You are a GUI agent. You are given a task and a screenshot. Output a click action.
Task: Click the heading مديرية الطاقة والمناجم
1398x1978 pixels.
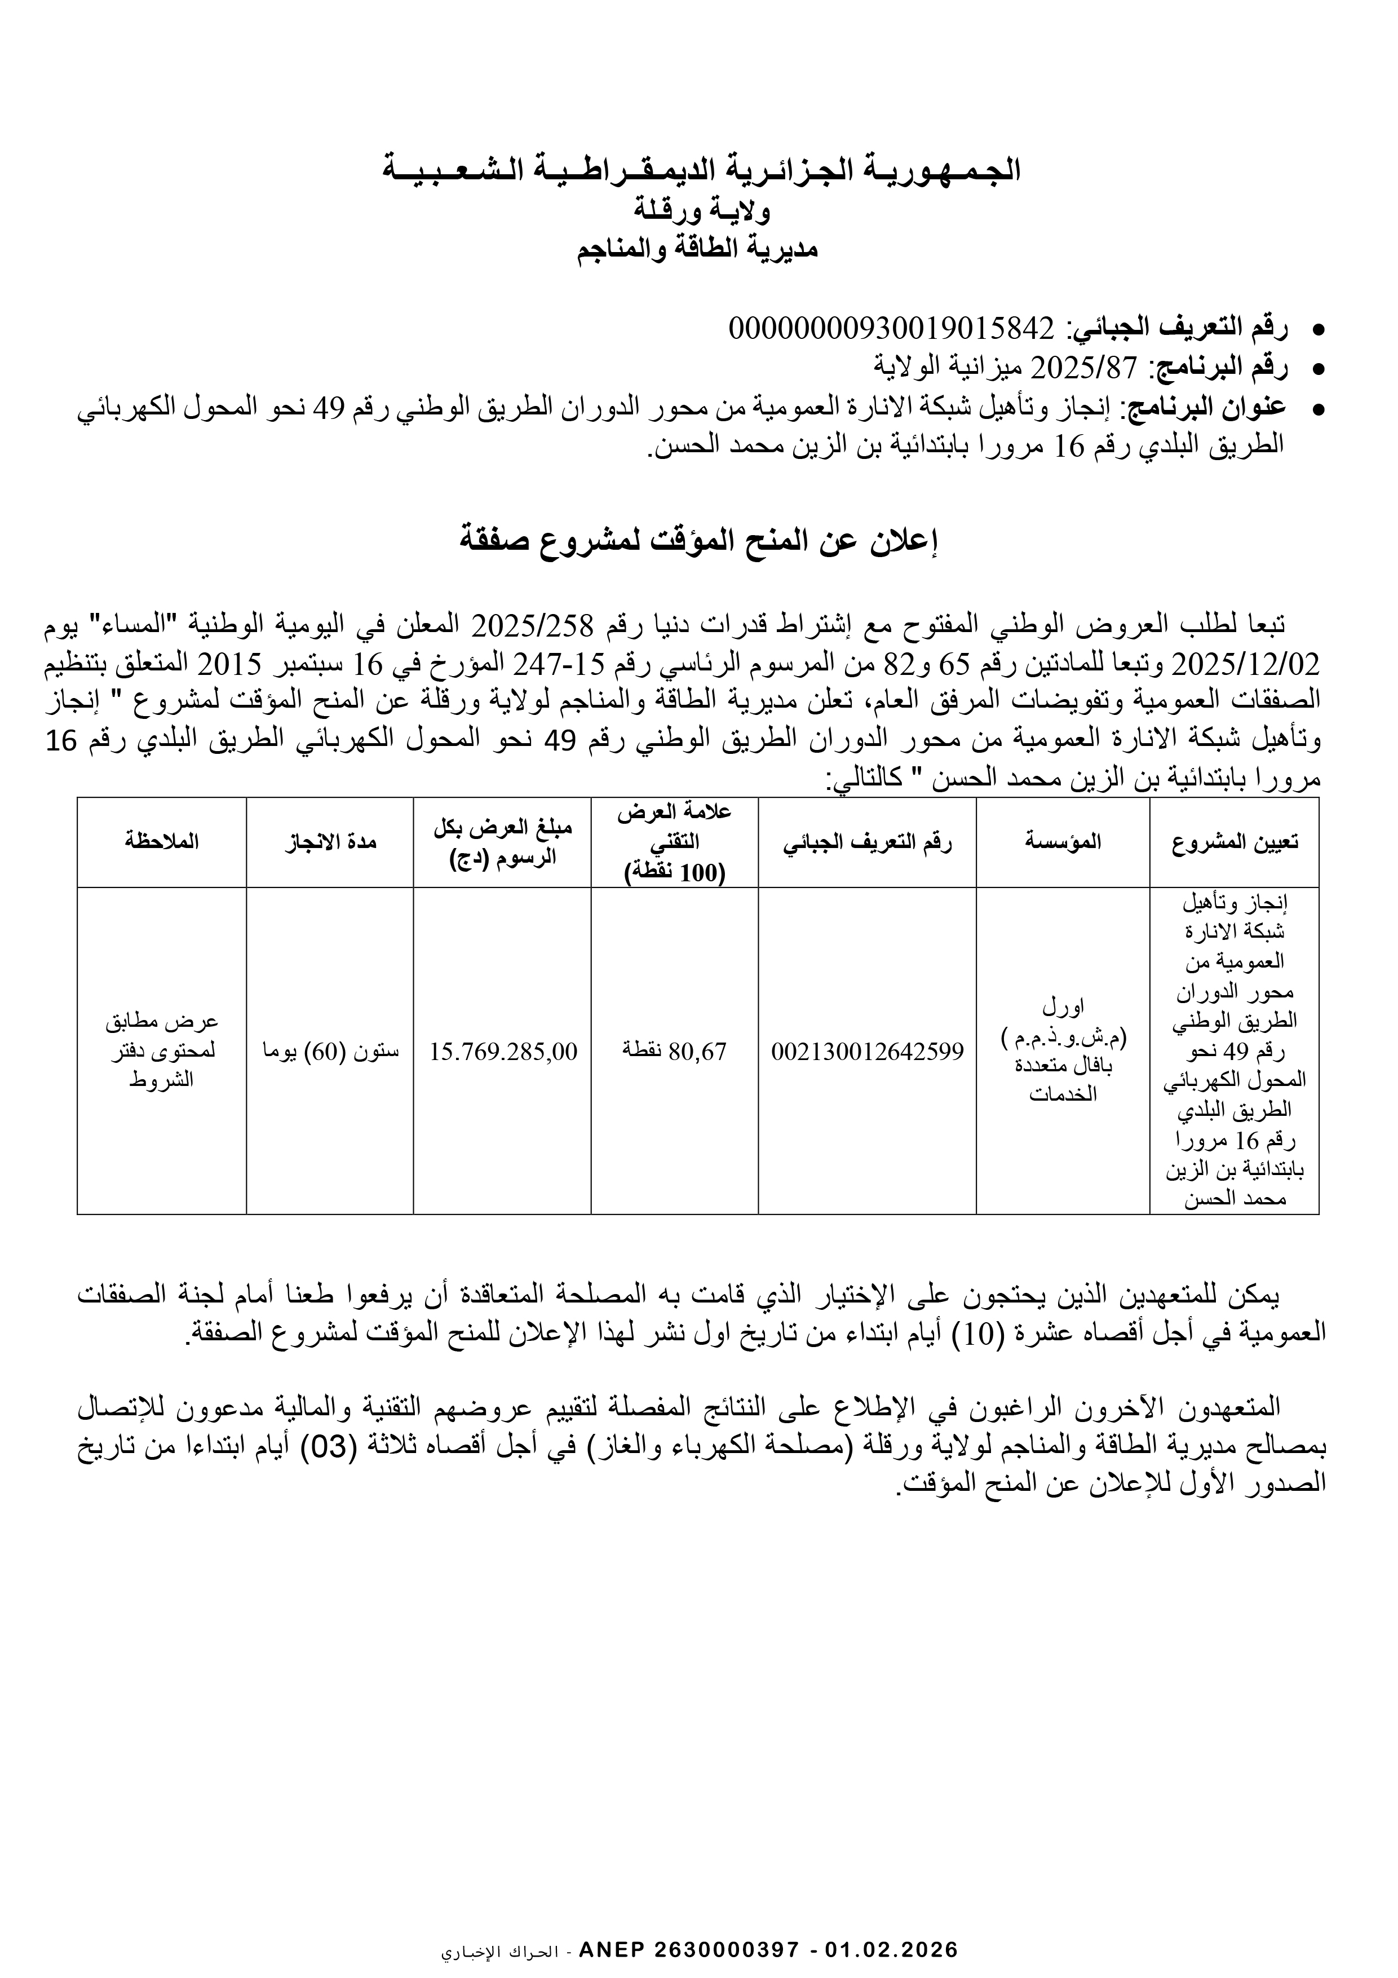pos(698,250)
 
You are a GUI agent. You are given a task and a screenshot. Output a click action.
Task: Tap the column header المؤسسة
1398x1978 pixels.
pos(1063,842)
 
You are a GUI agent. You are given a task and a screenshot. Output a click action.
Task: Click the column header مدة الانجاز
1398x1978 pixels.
pos(331,842)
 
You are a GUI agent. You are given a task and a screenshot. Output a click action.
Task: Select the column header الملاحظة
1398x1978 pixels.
pos(161,842)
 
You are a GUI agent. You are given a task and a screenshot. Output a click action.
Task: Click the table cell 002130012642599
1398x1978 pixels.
pos(868,1051)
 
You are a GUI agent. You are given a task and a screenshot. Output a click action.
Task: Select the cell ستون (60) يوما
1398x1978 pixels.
pos(331,1051)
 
